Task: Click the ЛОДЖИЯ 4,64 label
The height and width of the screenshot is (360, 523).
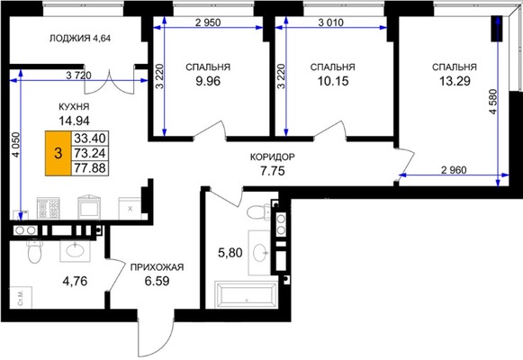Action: click(x=80, y=39)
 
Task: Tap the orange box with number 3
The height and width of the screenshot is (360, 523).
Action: click(x=59, y=153)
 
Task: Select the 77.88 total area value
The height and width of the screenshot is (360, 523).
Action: click(x=90, y=168)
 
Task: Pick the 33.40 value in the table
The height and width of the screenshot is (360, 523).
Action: click(x=90, y=138)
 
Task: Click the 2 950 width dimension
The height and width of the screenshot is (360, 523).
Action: click(x=208, y=22)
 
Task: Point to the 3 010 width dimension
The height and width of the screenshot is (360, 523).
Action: click(x=331, y=22)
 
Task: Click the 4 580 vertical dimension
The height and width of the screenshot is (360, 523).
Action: click(x=493, y=102)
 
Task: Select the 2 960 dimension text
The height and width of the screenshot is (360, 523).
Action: click(x=454, y=170)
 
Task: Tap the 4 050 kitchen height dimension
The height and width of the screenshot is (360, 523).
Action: click(x=15, y=145)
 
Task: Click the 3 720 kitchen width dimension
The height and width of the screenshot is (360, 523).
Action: click(x=78, y=76)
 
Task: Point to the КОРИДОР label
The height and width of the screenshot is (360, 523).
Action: click(x=273, y=157)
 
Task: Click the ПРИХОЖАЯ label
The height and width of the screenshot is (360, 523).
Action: click(x=157, y=267)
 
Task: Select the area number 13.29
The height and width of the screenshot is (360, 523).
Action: click(x=455, y=81)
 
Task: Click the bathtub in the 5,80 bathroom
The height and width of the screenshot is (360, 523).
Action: click(x=246, y=294)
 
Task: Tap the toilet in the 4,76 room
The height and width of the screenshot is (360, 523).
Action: click(x=33, y=251)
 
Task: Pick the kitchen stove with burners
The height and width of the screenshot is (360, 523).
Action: click(x=49, y=208)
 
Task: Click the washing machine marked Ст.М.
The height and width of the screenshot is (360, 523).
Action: click(x=21, y=297)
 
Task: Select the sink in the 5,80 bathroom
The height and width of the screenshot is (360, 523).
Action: click(x=261, y=252)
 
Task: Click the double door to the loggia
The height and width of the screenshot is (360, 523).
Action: click(x=109, y=81)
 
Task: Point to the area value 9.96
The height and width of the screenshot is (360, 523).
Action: click(x=208, y=81)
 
